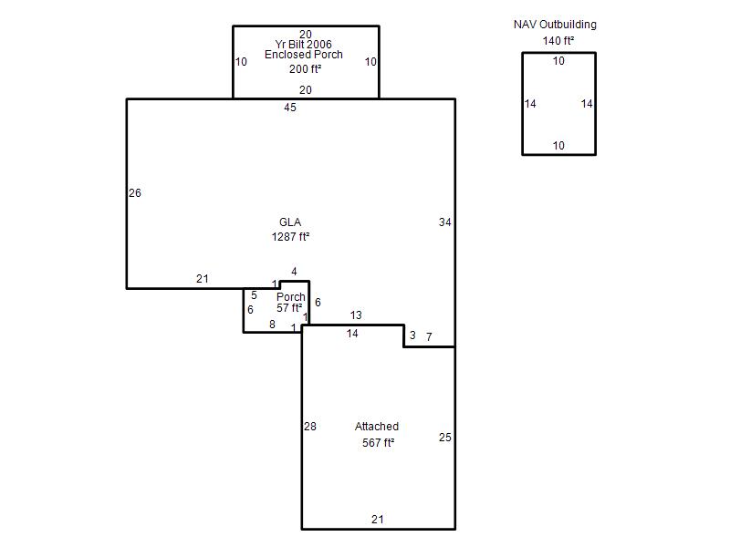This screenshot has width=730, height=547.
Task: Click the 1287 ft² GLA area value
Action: coord(290,237)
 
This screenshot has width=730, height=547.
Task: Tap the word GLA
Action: coord(290,222)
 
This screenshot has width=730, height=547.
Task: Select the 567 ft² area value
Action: coord(378,443)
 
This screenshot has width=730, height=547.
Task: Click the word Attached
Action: coord(377,427)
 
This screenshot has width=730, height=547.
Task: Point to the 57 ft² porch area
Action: coord(289,308)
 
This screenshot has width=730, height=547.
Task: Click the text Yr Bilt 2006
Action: coord(304,44)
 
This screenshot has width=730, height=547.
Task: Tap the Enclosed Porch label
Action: coord(304,55)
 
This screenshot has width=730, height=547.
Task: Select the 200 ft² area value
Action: coord(305,69)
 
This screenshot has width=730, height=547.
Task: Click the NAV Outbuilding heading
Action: coord(555,25)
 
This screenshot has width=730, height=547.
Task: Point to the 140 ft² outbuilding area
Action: coord(558,41)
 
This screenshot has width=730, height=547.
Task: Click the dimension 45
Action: coord(290,108)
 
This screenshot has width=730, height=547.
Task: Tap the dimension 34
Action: coord(444,222)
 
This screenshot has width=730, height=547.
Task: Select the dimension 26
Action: coord(135,193)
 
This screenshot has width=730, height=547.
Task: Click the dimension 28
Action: coord(310,427)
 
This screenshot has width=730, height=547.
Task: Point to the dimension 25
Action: coord(444,438)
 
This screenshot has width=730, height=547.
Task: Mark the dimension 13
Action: coord(356,315)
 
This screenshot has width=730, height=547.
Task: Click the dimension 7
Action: coord(429,336)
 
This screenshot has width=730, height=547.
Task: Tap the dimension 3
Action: coord(412,335)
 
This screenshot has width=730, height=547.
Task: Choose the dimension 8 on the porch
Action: coord(272,325)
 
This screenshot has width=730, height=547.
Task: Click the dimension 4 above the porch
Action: coord(294,272)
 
